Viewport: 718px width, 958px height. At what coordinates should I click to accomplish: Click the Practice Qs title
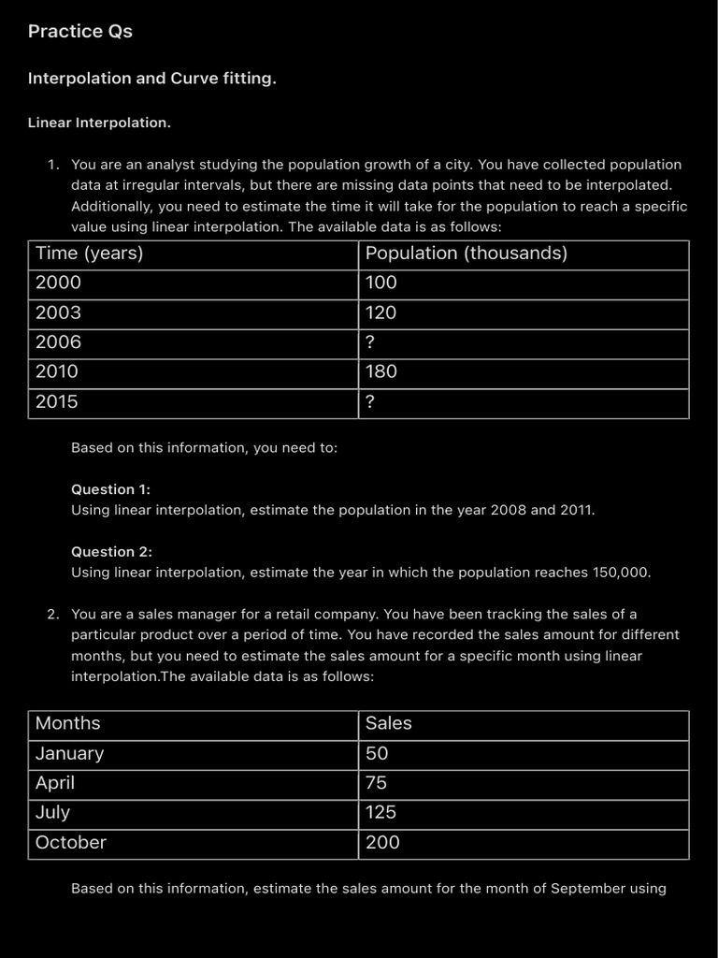80,32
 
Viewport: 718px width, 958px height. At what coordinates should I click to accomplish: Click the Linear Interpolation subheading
99,123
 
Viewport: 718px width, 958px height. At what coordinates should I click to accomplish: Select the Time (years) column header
89,254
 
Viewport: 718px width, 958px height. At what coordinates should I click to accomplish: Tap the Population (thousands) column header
466,254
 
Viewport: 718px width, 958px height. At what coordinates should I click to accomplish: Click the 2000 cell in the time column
58,283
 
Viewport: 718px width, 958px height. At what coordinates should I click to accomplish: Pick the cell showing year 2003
58,312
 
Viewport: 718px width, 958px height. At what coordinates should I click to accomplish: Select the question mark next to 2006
370,342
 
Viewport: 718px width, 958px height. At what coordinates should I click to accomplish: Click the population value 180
381,371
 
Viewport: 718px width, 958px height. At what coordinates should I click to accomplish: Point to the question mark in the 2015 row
370,402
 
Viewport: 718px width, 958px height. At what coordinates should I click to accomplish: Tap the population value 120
381,312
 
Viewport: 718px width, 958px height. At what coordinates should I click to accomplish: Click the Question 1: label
110,489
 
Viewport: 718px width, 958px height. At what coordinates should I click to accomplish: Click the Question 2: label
111,552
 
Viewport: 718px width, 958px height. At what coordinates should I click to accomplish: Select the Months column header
67,723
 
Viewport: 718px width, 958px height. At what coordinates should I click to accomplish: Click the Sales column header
388,723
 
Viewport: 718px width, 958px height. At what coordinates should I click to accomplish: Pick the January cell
69,753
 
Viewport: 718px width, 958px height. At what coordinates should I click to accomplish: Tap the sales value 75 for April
376,783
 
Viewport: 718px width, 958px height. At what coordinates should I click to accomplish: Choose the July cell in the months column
52,813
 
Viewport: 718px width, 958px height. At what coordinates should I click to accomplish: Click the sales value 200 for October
382,843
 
